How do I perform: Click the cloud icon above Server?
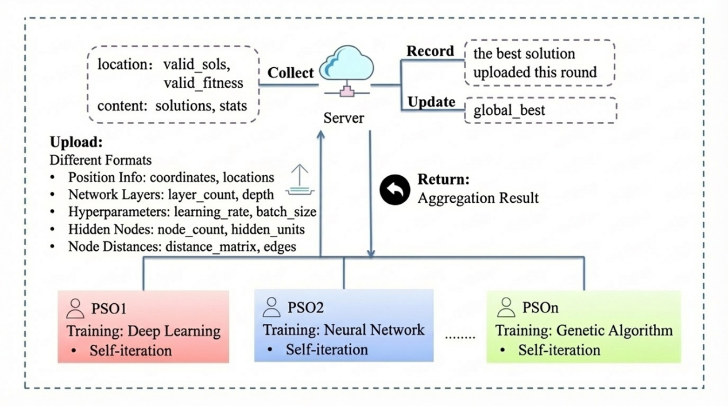[346, 63]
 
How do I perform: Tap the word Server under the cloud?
[343, 118]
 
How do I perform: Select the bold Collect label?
[291, 73]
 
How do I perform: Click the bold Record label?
[430, 51]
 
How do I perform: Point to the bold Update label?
[431, 102]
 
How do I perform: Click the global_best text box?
[541, 110]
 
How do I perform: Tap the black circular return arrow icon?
[395, 190]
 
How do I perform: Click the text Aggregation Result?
[478, 198]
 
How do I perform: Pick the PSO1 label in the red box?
[109, 308]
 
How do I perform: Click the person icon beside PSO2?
[272, 307]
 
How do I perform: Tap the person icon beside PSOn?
[506, 307]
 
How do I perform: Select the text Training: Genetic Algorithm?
[584, 331]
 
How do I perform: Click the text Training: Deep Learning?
[144, 331]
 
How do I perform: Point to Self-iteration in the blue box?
[327, 350]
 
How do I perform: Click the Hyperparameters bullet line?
[183, 212]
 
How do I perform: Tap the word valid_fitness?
[203, 83]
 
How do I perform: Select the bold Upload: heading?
[76, 142]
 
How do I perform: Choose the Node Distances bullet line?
[173, 247]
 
